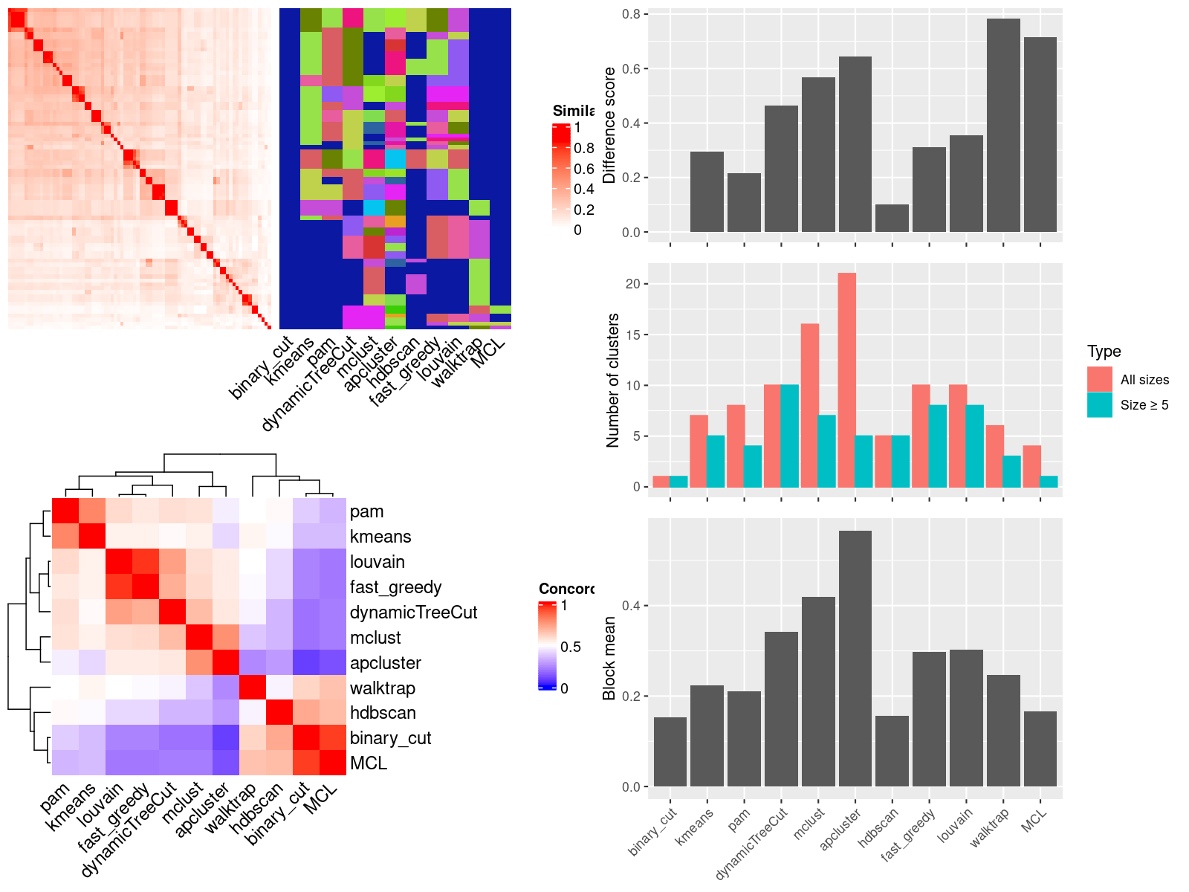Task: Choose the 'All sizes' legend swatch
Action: (x=1100, y=379)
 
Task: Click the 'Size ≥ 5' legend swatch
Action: (x=1100, y=404)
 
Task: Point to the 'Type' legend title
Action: (x=1104, y=352)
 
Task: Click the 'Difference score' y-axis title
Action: (x=610, y=125)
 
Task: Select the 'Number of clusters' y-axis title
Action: (x=613, y=380)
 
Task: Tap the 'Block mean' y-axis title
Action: (x=610, y=659)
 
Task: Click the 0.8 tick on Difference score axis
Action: (x=631, y=14)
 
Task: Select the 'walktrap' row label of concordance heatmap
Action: (x=382, y=688)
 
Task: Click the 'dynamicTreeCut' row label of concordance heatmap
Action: (x=413, y=612)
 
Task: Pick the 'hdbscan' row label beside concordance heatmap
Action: (x=383, y=713)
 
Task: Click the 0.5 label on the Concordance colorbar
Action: (x=571, y=647)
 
